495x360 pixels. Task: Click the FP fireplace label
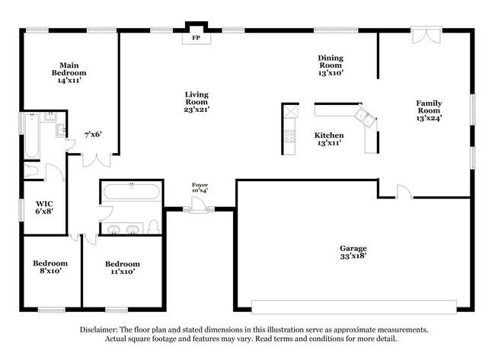196,37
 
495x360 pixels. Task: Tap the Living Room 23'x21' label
196,102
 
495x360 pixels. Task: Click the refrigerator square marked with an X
290,111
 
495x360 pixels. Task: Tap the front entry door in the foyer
197,205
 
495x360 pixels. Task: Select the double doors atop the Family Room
425,37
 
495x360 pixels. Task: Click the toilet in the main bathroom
31,170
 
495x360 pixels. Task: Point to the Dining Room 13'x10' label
331,65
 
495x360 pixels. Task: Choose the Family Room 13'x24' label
429,110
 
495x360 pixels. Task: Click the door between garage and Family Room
404,191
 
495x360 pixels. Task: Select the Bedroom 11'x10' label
122,267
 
